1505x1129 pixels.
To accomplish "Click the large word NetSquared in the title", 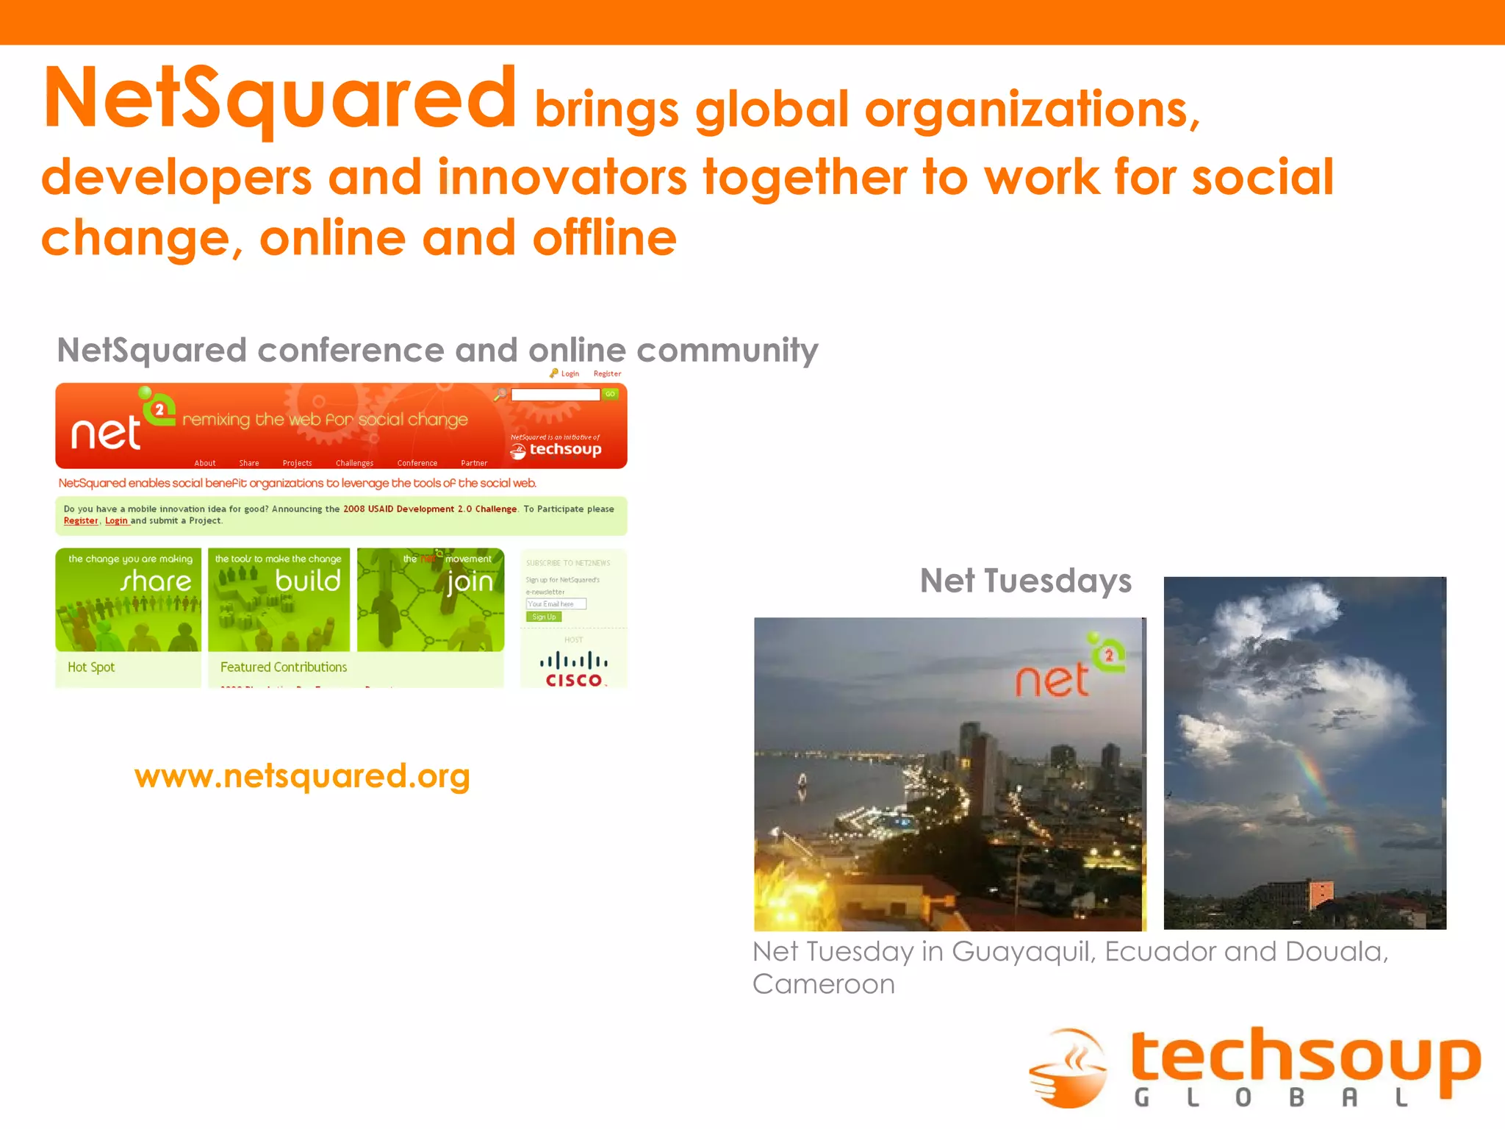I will pyautogui.click(x=279, y=99).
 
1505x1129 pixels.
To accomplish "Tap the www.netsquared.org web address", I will pyautogui.click(x=302, y=776).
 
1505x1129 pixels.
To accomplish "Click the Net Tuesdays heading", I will pyautogui.click(x=1025, y=581).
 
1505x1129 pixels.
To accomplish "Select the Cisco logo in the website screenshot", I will pyautogui.click(x=574, y=668).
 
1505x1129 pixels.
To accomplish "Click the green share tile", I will pyautogui.click(x=129, y=599).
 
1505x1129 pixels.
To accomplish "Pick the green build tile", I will pyautogui.click(x=279, y=599).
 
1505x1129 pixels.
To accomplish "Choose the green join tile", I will pyautogui.click(x=431, y=599).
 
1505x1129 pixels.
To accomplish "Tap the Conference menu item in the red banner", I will pyautogui.click(x=417, y=463).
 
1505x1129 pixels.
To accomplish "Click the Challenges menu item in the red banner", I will pyautogui.click(x=354, y=463).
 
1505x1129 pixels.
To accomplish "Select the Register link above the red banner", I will pyautogui.click(x=607, y=373).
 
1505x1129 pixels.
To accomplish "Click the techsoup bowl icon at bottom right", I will pyautogui.click(x=1069, y=1069).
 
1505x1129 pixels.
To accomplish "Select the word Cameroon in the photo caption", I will pyautogui.click(x=824, y=984).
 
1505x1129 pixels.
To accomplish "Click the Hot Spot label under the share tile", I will pyautogui.click(x=91, y=667).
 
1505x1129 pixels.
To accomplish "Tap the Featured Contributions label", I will pyautogui.click(x=284, y=667).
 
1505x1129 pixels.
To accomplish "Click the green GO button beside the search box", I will pyautogui.click(x=610, y=394).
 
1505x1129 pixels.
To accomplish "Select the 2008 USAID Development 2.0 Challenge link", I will pyautogui.click(x=430, y=509).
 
